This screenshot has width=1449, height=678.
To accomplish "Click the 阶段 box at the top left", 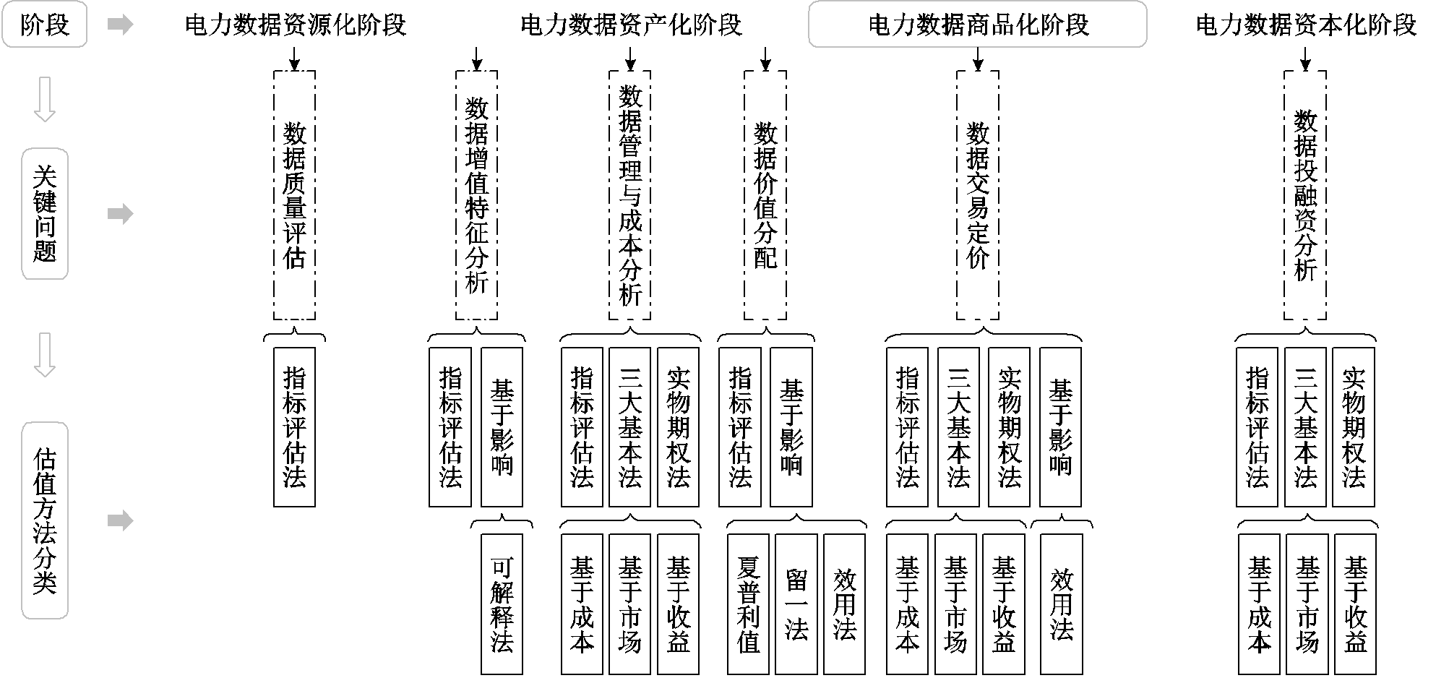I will tap(45, 25).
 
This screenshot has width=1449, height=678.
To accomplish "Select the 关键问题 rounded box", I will tap(45, 214).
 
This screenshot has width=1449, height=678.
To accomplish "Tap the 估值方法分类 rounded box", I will tap(45, 520).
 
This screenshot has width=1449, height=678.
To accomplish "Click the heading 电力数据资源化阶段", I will tap(296, 25).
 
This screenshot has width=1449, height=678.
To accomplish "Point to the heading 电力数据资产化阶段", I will tap(631, 25).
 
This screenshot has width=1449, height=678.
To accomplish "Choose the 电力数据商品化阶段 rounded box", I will tap(977, 25).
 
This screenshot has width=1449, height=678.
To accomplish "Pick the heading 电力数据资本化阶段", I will tap(1306, 25).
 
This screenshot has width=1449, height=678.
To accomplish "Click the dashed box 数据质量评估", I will tap(294, 195).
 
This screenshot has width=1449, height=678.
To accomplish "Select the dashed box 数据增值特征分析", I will tap(476, 195).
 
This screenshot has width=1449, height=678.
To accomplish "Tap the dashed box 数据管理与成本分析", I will tap(630, 195).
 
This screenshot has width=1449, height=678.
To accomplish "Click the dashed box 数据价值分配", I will tap(765, 195).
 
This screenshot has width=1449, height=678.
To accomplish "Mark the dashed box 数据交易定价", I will tap(978, 195).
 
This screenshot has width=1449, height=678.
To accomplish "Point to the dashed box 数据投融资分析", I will tap(1305, 195).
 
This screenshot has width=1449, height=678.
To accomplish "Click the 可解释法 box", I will tap(502, 604).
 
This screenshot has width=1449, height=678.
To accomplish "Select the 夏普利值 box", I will tap(748, 604).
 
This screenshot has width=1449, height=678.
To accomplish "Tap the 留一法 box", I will tap(796, 604).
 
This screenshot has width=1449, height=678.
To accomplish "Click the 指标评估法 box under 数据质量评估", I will tap(294, 427).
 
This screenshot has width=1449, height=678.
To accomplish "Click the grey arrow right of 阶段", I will tap(120, 25).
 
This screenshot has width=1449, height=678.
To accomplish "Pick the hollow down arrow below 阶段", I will tap(45, 100).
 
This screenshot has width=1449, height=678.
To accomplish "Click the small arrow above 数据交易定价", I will tap(978, 59).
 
